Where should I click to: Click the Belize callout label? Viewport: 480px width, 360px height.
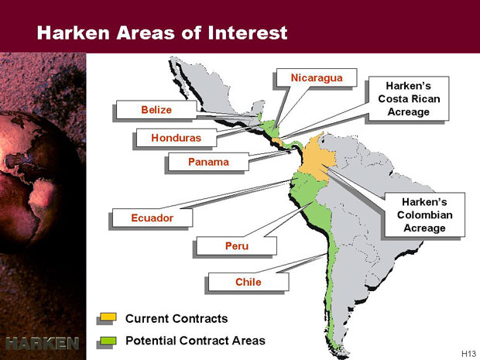[156, 110]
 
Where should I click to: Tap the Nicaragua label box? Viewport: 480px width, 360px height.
[317, 77]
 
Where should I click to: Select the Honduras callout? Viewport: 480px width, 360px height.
[176, 138]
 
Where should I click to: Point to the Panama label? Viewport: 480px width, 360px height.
[208, 162]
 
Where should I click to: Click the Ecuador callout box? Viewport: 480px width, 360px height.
[153, 218]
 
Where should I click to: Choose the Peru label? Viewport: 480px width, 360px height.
[236, 246]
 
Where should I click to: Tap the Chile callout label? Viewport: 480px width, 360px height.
[249, 282]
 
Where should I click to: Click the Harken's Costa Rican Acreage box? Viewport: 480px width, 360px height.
[409, 98]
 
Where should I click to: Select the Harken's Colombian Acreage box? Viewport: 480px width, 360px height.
[424, 214]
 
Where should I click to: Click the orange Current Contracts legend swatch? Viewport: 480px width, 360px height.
[108, 317]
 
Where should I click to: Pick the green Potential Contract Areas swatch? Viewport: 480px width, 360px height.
[108, 341]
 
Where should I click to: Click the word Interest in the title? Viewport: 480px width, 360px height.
[247, 33]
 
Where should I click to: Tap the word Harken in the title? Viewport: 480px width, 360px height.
[73, 33]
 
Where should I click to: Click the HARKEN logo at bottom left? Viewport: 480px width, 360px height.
[43, 343]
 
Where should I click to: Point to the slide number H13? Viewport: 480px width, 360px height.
[468, 354]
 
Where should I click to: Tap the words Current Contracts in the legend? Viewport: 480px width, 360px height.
[177, 318]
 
